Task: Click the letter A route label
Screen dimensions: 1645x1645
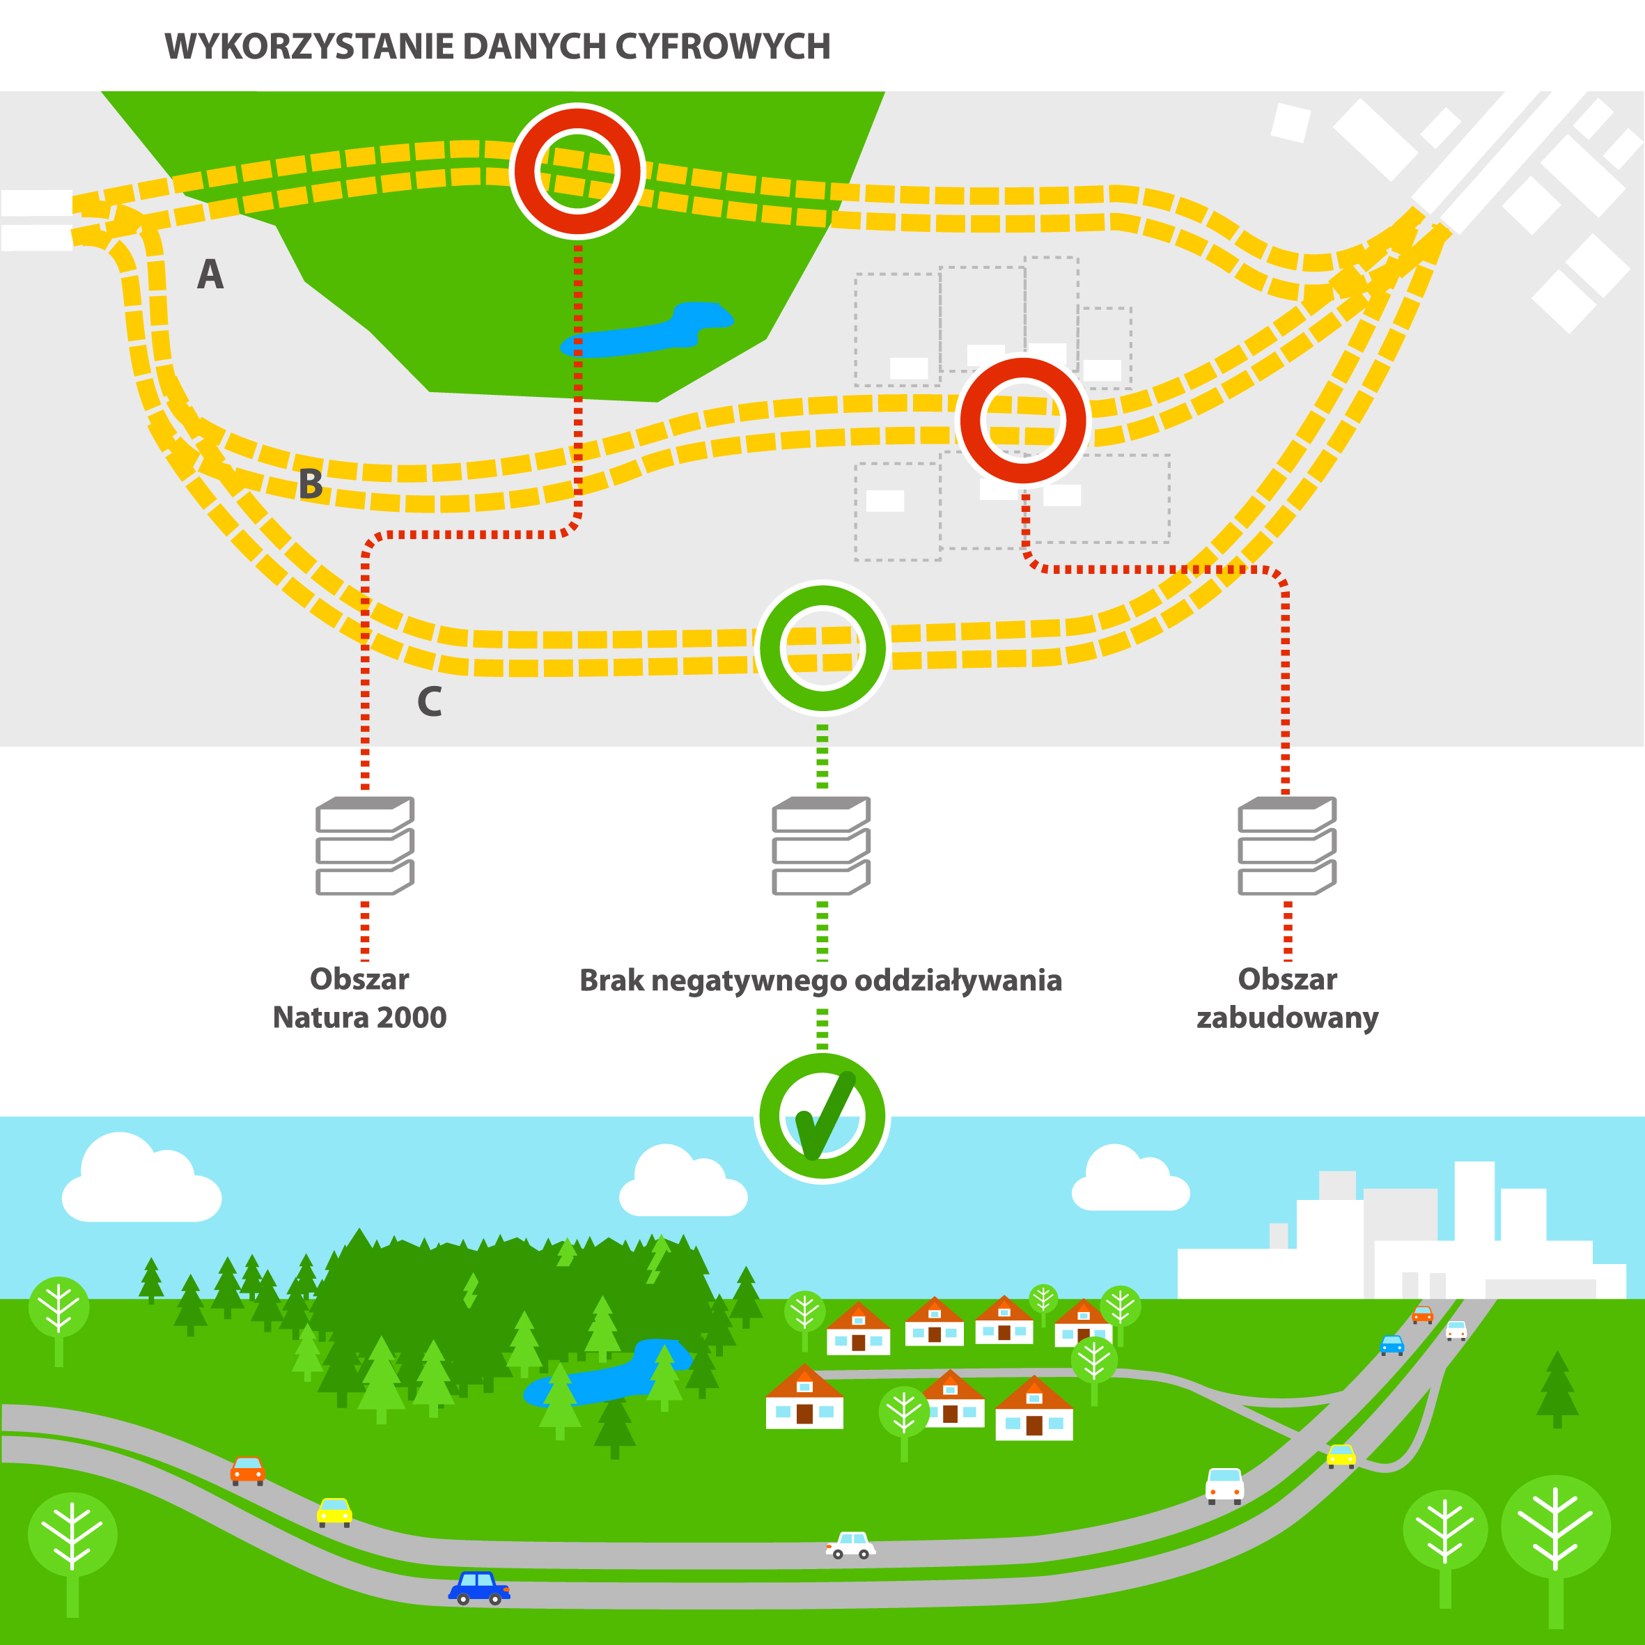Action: point(210,274)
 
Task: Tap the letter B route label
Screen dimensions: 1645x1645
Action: point(311,483)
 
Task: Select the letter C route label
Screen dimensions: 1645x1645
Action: point(429,701)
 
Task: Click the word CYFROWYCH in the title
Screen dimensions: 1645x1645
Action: point(722,47)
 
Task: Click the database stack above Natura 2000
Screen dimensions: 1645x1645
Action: point(364,845)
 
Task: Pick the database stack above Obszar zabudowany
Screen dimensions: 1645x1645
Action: point(1286,845)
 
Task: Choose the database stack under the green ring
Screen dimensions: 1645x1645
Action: point(821,845)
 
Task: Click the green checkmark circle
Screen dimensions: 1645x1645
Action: point(822,1117)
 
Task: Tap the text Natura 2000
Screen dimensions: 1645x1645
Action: point(359,1018)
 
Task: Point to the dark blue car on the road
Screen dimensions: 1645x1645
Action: point(478,1587)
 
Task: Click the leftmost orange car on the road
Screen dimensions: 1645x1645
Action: point(248,1470)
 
